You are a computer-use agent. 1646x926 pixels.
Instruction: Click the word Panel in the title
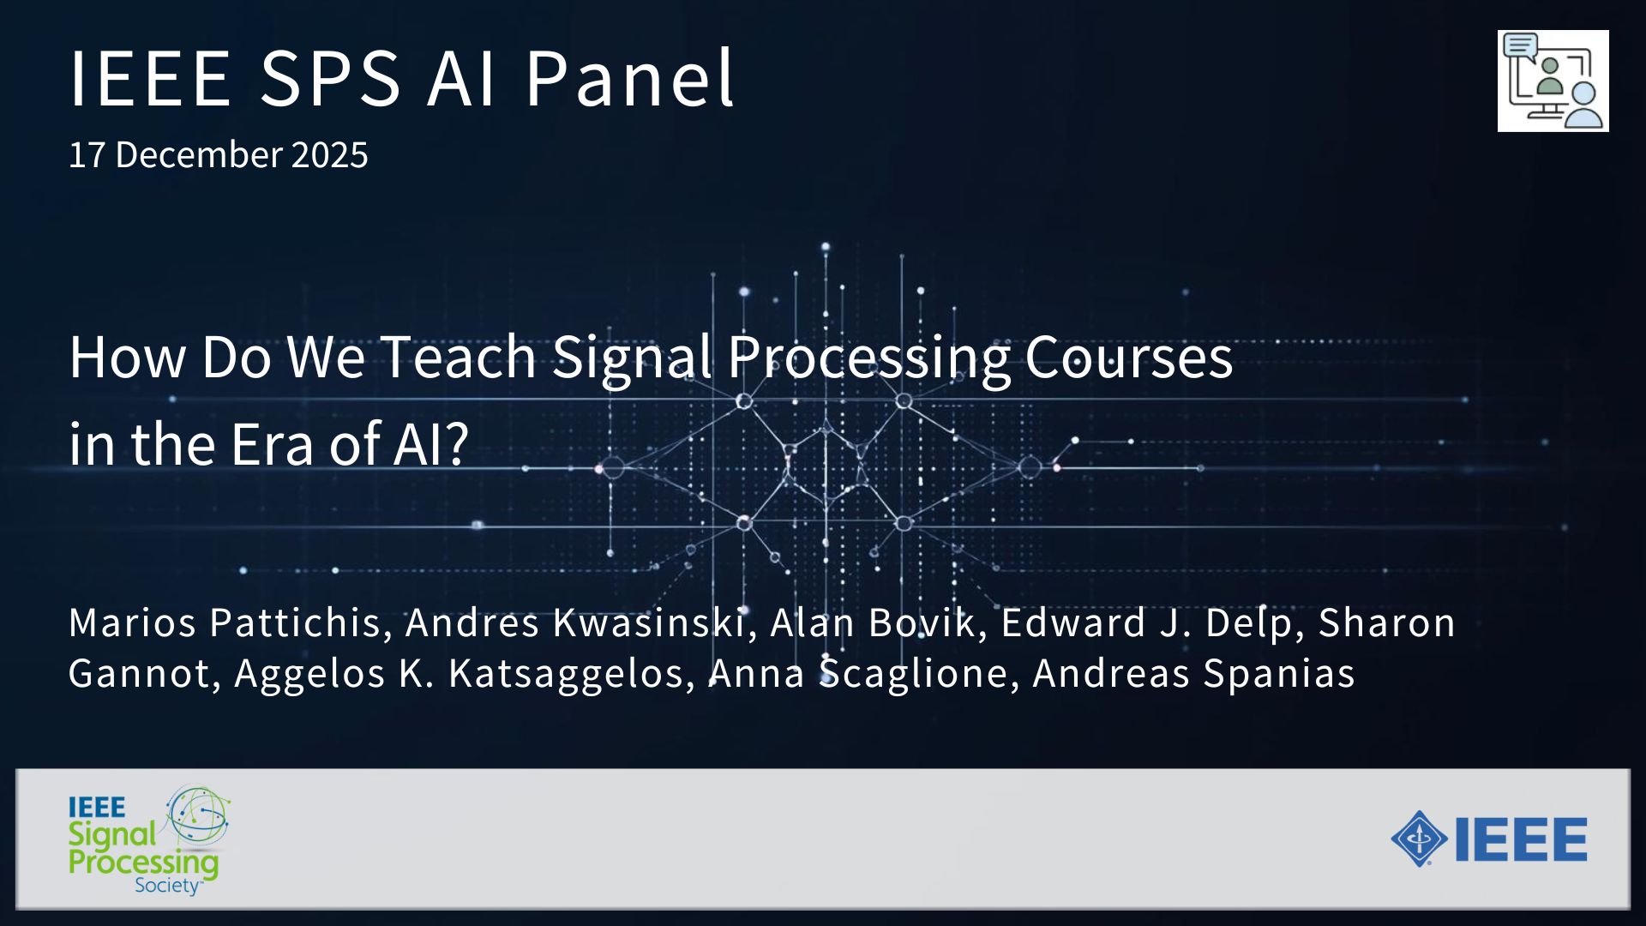(x=630, y=78)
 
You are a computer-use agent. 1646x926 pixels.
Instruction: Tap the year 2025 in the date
(x=330, y=155)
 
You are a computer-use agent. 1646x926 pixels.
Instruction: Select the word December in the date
(x=199, y=155)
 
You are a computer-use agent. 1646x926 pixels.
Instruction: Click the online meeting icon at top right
(x=1553, y=81)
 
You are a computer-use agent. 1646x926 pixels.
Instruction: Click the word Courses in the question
(x=1128, y=358)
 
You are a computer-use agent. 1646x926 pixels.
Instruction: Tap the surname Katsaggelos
(x=572, y=674)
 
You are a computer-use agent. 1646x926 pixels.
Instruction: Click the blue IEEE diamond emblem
(x=1420, y=839)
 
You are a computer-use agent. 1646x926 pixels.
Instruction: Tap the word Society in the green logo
(x=167, y=886)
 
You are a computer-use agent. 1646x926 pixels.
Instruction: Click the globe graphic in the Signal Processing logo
(x=198, y=815)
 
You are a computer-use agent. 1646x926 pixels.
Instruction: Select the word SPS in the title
(x=330, y=78)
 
